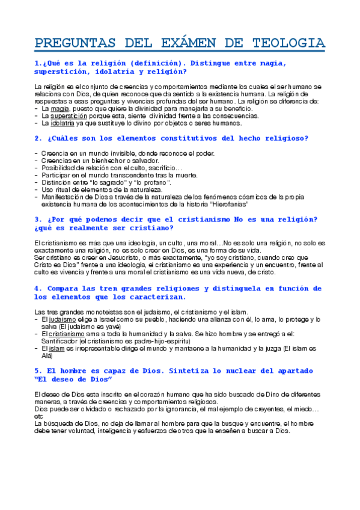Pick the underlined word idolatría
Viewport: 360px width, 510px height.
click(63, 123)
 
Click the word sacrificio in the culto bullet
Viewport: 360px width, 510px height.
click(160, 168)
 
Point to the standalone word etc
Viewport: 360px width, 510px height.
click(38, 416)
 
